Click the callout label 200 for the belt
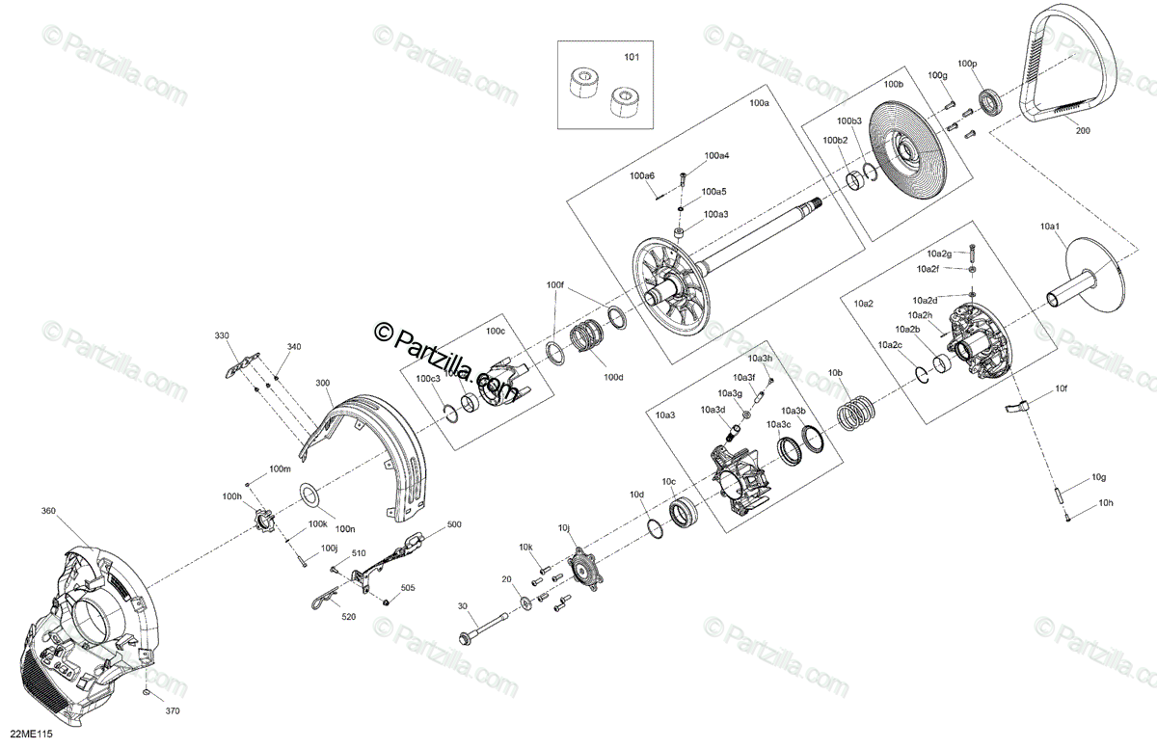pyautogui.click(x=1083, y=132)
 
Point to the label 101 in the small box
pyautogui.click(x=632, y=58)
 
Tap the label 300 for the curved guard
pyautogui.click(x=322, y=383)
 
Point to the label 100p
pyautogui.click(x=966, y=64)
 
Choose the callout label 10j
pyautogui.click(x=564, y=527)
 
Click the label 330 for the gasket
pyautogui.click(x=222, y=335)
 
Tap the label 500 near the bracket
pyautogui.click(x=454, y=525)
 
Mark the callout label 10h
pyautogui.click(x=1104, y=503)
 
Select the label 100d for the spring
pyautogui.click(x=613, y=377)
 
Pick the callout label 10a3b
pyautogui.click(x=793, y=412)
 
